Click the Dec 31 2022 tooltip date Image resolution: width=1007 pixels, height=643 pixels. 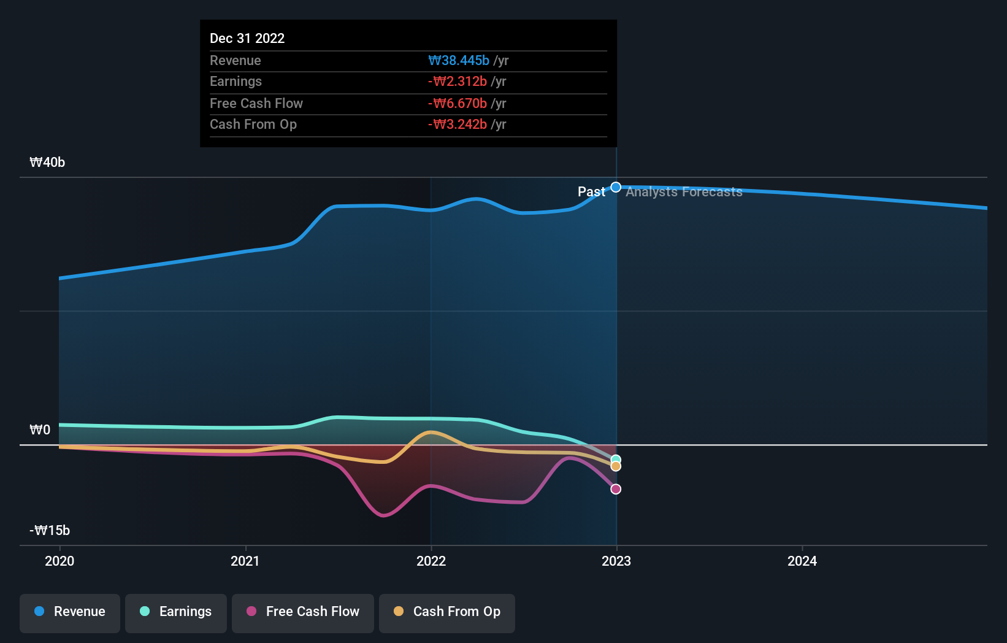[x=247, y=38]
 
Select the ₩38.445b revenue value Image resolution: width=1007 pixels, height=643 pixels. [x=459, y=60]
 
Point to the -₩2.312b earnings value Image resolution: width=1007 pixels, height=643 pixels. [x=458, y=82]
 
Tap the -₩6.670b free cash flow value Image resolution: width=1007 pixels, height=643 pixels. [x=458, y=103]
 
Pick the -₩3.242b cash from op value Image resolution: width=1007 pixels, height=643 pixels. [x=458, y=125]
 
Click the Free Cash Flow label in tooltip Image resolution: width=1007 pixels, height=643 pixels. [x=256, y=103]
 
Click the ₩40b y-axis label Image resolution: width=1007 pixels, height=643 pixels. [x=47, y=163]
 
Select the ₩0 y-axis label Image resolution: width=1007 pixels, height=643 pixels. [x=40, y=430]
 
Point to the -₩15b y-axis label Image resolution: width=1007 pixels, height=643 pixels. [x=50, y=531]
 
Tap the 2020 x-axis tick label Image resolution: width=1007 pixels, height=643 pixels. [x=59, y=561]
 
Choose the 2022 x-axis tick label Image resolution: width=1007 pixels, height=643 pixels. [x=431, y=561]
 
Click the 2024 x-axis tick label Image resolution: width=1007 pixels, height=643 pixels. [x=802, y=561]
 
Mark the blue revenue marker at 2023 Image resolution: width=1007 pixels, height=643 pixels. [x=616, y=187]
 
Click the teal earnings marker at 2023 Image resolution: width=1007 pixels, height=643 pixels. [x=616, y=460]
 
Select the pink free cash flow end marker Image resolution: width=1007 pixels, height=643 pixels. [x=616, y=489]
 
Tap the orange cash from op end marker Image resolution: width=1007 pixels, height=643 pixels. [x=616, y=467]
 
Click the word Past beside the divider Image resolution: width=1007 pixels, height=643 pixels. [x=591, y=192]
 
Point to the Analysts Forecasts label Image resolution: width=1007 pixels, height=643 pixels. [x=684, y=192]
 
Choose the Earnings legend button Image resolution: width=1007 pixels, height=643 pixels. [x=176, y=612]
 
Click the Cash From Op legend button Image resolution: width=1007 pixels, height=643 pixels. [x=447, y=612]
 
